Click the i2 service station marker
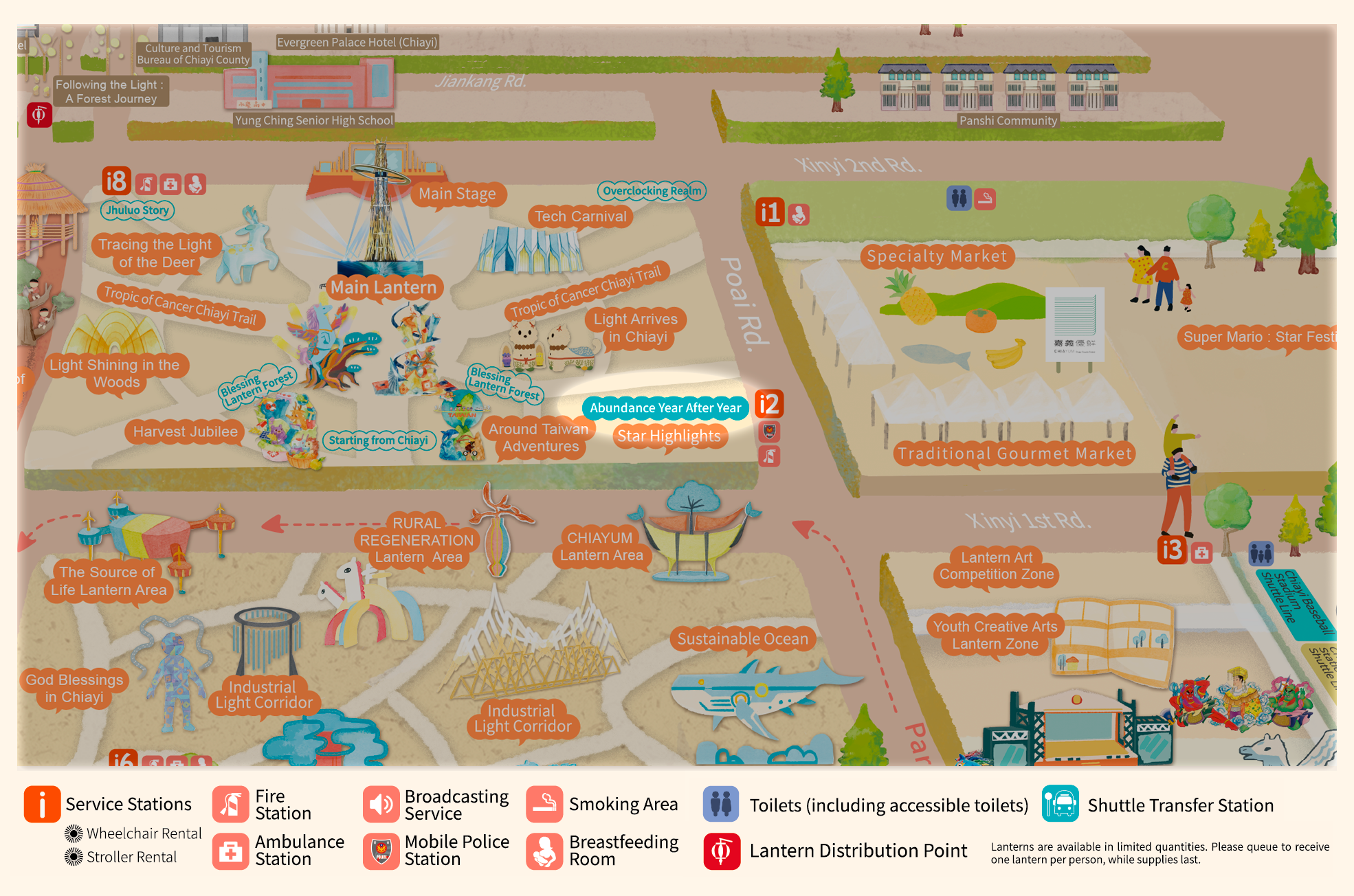[x=769, y=404]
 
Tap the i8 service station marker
[x=116, y=181]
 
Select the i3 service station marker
[x=1173, y=550]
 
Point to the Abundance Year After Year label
[x=665, y=407]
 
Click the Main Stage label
[x=457, y=194]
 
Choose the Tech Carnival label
[x=581, y=216]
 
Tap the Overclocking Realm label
[x=652, y=191]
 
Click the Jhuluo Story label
[x=137, y=210]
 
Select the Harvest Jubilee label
[x=185, y=432]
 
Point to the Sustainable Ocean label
[x=742, y=639]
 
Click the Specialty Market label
[x=937, y=256]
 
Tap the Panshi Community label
[x=1008, y=121]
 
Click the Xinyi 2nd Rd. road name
[x=858, y=165]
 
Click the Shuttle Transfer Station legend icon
[x=1060, y=804]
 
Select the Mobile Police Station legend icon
[x=381, y=851]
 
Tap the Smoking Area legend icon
[x=544, y=804]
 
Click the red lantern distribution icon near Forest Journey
[x=39, y=115]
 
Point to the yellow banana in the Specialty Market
[x=1005, y=354]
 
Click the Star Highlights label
[x=669, y=436]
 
